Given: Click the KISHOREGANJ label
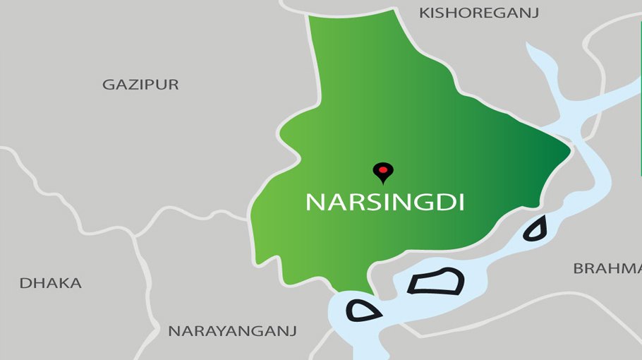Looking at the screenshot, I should click(x=478, y=13).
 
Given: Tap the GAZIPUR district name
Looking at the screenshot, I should click(x=140, y=85).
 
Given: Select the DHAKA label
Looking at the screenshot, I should click(x=50, y=283).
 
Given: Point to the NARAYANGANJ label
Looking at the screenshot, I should click(x=232, y=330).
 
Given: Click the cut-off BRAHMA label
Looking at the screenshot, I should click(x=607, y=268).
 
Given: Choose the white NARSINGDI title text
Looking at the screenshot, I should click(x=384, y=202).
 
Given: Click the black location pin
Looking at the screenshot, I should click(x=382, y=172).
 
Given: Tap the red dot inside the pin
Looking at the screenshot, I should click(x=382, y=169).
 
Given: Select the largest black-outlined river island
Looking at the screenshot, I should click(x=436, y=282).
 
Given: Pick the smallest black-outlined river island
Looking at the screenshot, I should click(x=535, y=229).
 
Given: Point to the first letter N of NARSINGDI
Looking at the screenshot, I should click(x=314, y=202).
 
